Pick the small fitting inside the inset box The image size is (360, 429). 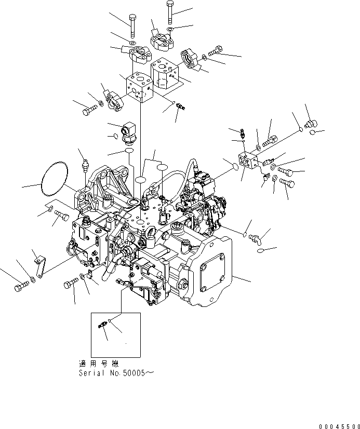click(x=102, y=326)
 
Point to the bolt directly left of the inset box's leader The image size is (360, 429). click(x=71, y=285)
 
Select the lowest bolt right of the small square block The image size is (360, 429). click(x=287, y=183)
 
